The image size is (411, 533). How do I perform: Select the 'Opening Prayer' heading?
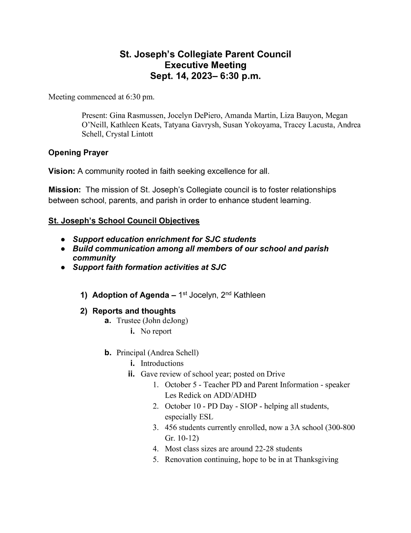(x=78, y=153)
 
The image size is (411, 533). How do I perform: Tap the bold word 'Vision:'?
(x=62, y=171)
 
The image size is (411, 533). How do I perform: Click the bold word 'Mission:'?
(x=65, y=190)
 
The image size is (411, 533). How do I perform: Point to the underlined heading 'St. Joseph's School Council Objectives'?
(x=124, y=221)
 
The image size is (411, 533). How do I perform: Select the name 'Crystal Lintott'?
(x=129, y=134)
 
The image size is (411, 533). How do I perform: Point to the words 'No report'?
(x=156, y=331)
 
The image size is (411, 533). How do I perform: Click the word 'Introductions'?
(x=162, y=363)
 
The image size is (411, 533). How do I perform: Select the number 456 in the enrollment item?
(x=171, y=428)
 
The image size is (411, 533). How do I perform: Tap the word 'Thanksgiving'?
(x=316, y=460)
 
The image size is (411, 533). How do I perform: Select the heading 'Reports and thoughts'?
(x=134, y=311)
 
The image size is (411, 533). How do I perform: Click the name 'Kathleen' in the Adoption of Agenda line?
(x=249, y=295)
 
